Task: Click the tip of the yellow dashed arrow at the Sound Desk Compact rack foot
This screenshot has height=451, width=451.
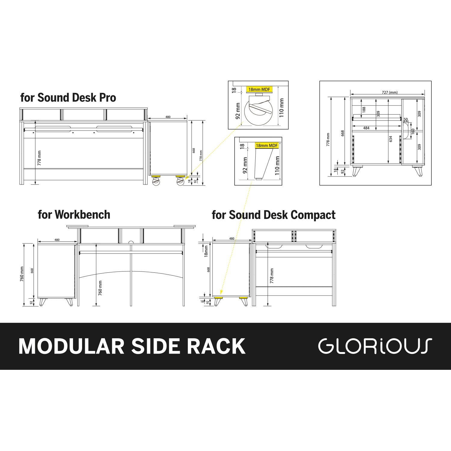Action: (x=220, y=294)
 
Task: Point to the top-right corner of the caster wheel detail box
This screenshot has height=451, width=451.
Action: (x=288, y=81)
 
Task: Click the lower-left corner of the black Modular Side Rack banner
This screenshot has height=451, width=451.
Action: (x=0, y=370)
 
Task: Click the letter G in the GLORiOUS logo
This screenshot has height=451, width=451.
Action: (x=326, y=346)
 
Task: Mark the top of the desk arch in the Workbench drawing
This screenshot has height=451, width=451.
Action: (x=131, y=272)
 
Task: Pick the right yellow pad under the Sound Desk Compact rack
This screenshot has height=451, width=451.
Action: (x=244, y=298)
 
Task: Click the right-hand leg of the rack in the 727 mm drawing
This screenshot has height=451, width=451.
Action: (x=418, y=170)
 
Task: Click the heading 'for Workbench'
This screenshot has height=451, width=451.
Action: (x=74, y=215)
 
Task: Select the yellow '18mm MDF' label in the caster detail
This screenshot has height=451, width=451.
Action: (x=259, y=89)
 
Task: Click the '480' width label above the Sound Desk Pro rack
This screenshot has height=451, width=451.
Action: (x=168, y=117)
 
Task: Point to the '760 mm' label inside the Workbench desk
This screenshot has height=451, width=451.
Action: (x=100, y=288)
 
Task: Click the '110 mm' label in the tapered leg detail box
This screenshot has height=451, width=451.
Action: (x=277, y=166)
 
